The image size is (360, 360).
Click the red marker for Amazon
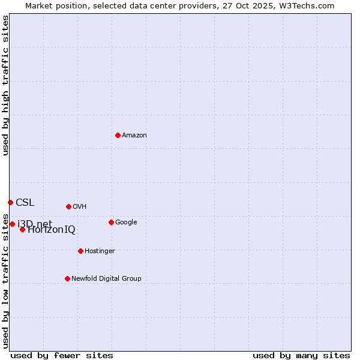(118, 135)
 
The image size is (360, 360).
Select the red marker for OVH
(68, 206)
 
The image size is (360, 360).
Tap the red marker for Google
(111, 222)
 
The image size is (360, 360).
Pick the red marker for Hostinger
(80, 251)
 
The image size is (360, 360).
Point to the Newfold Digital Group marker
(67, 278)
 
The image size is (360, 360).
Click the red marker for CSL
(10, 202)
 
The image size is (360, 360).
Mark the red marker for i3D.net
(12, 224)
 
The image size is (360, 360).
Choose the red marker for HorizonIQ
(22, 229)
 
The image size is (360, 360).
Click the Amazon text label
(134, 135)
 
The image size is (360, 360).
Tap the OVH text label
(80, 206)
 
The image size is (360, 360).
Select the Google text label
(126, 222)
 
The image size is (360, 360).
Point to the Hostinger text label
(100, 251)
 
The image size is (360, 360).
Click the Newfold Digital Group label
(106, 278)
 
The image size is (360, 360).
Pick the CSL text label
(25, 202)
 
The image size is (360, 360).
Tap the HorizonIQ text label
(52, 230)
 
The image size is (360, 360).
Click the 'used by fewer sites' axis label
(62, 355)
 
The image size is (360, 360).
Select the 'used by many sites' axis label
(301, 355)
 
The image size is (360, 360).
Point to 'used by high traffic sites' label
(5, 85)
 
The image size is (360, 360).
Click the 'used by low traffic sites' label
(5, 281)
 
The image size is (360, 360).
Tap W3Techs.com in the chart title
(307, 5)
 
